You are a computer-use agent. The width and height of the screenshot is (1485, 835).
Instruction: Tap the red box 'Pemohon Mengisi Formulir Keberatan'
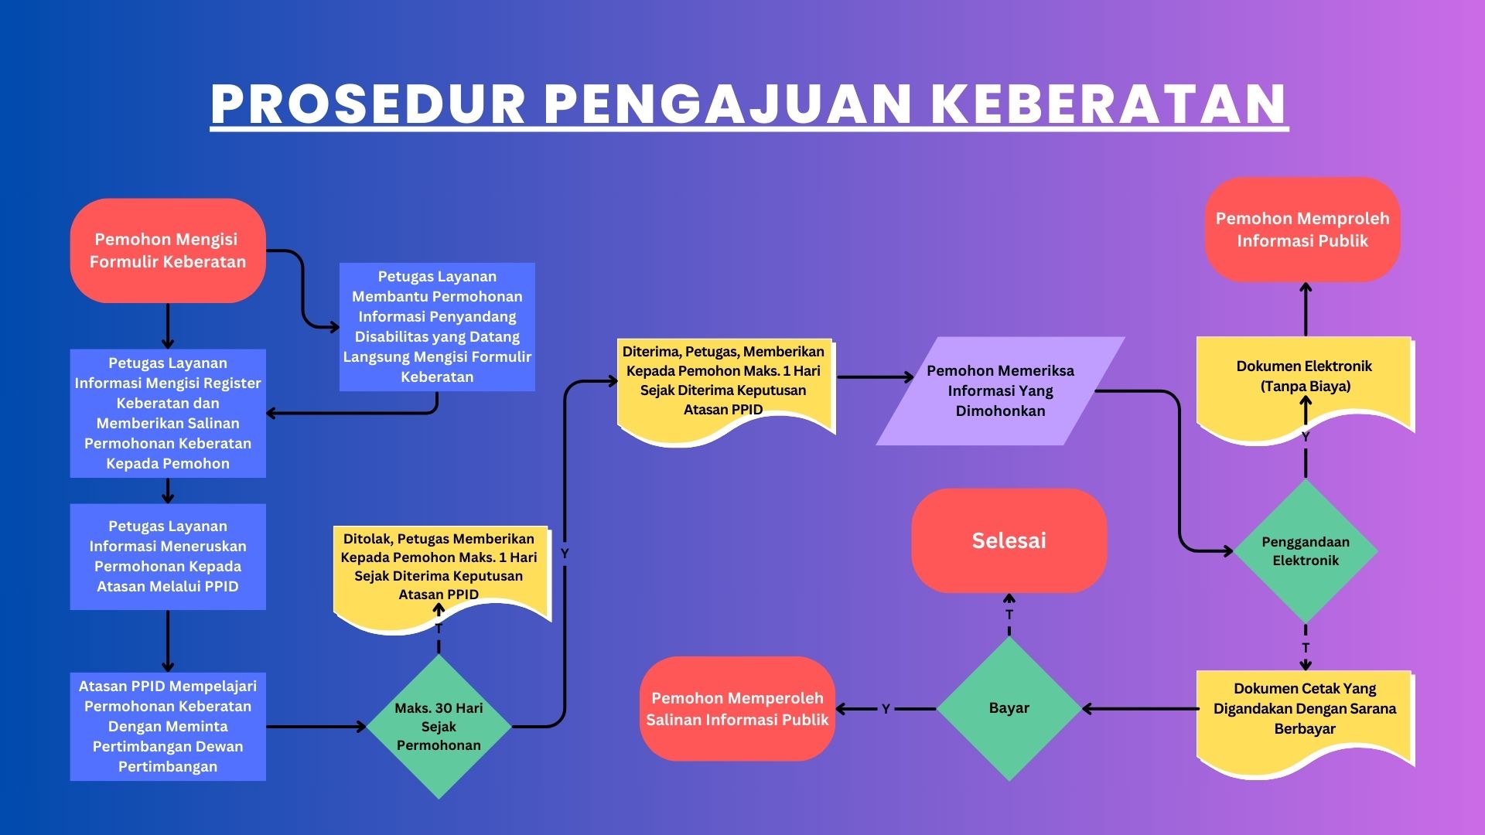168,250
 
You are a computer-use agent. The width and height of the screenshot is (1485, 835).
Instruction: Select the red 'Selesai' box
1009,540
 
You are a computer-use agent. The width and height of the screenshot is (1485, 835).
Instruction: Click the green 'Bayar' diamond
1009,708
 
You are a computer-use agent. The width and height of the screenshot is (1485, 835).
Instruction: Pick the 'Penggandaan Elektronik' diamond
1306,551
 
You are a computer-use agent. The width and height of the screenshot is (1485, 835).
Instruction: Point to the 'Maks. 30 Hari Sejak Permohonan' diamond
439,727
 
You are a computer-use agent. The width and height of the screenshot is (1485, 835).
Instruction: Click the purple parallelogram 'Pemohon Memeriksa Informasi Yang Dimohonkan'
1001,390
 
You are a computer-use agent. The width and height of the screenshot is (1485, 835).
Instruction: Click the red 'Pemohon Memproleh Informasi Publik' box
1302,230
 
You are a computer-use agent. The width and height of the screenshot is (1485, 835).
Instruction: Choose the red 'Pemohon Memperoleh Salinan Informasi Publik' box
737,708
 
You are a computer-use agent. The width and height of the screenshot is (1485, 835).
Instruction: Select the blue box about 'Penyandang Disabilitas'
437,327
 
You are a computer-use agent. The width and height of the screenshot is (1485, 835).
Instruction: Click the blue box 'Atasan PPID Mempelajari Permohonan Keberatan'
168,727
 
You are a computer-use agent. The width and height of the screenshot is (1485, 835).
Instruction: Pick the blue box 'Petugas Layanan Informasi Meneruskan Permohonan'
168,557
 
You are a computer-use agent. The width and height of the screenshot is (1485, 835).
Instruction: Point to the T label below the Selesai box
1009,615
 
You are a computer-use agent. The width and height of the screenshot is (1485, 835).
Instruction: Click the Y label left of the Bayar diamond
886,709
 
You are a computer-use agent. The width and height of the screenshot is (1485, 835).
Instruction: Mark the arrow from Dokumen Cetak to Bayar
1140,708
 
